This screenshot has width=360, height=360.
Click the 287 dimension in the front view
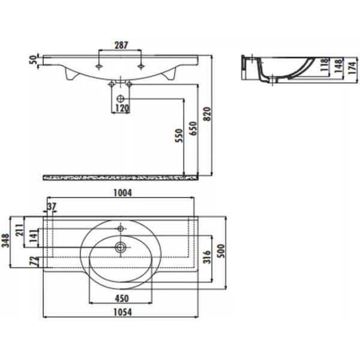coord(121,44)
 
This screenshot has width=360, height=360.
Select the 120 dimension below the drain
coord(122,109)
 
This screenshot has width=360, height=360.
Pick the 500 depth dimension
coord(221,250)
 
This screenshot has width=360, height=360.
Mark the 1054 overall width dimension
coord(122,312)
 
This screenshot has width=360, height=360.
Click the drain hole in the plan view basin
coord(121,246)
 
